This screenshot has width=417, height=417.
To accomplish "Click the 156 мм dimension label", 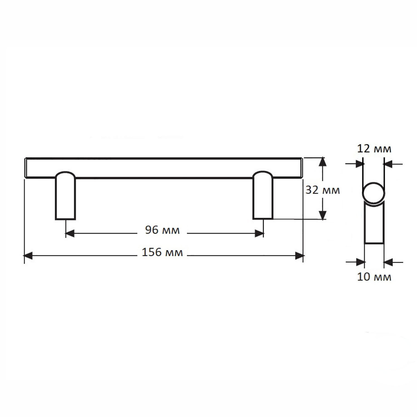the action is tap(162, 252).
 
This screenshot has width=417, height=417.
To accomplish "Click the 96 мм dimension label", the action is tap(162, 230).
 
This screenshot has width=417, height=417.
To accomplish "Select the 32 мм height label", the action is tap(322, 190).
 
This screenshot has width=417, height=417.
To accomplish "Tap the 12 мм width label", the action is tap(374, 149).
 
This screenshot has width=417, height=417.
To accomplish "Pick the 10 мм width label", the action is tap(374, 277).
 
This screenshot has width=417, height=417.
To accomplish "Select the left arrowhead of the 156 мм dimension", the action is tap(28, 256).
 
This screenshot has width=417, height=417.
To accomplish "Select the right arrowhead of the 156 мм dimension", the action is tap(299, 256).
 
